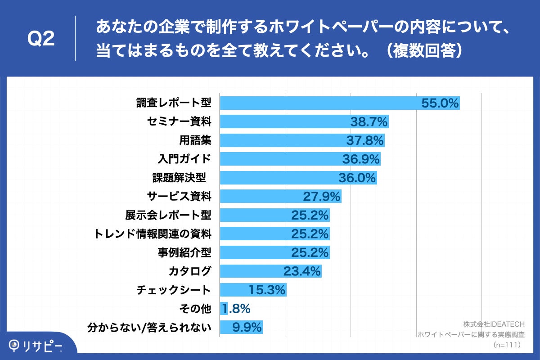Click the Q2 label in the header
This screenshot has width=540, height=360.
(41, 39)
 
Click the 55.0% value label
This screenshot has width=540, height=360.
(440, 103)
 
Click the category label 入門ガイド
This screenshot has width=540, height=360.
(184, 159)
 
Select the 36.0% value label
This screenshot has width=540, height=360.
(357, 178)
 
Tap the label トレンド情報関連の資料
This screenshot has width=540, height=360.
(153, 234)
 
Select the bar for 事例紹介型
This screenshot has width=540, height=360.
(252, 252)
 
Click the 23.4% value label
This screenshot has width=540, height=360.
(302, 271)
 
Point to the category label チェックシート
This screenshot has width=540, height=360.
(173, 290)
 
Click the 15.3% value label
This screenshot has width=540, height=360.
(267, 290)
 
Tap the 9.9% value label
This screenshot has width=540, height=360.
(247, 328)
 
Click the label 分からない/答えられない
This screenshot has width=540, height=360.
(149, 328)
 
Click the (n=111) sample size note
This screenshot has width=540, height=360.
(507, 345)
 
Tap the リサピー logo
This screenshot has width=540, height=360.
(36, 345)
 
